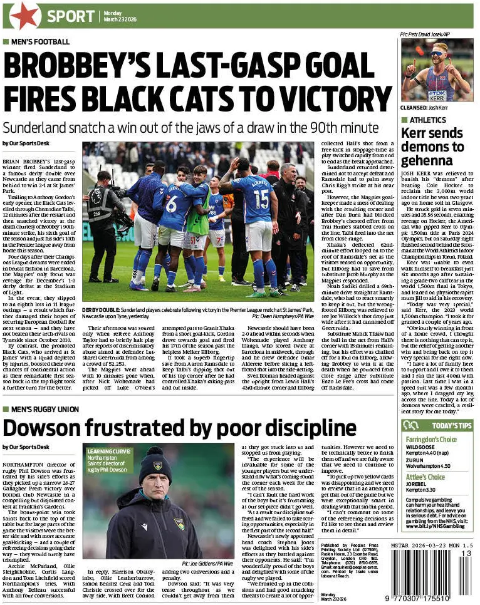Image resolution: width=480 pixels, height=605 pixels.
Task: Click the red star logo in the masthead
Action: click(25, 16)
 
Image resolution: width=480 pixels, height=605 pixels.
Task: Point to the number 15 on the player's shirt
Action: click(261, 199)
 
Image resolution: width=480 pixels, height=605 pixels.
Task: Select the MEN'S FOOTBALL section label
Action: click(40, 43)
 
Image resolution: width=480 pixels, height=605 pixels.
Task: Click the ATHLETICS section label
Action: click(427, 120)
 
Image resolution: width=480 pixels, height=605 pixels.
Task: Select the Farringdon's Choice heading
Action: click(431, 440)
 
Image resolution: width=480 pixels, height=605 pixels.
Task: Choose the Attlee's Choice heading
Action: click(425, 477)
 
